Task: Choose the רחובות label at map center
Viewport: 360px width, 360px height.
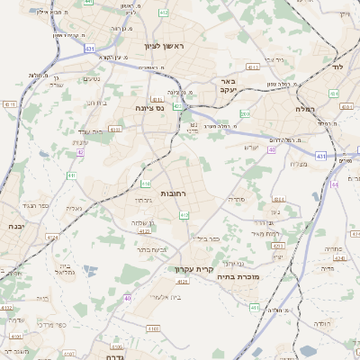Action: coord(173,193)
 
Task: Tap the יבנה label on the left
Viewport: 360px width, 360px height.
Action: coord(15,227)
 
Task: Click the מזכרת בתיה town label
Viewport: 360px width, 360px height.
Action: coord(238,277)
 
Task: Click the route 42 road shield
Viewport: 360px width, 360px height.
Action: coord(80,152)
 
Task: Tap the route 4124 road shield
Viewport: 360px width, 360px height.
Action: coord(52,238)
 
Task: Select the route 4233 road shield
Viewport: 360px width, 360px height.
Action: coord(279,200)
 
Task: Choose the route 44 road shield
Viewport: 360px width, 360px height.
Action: coord(334,184)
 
